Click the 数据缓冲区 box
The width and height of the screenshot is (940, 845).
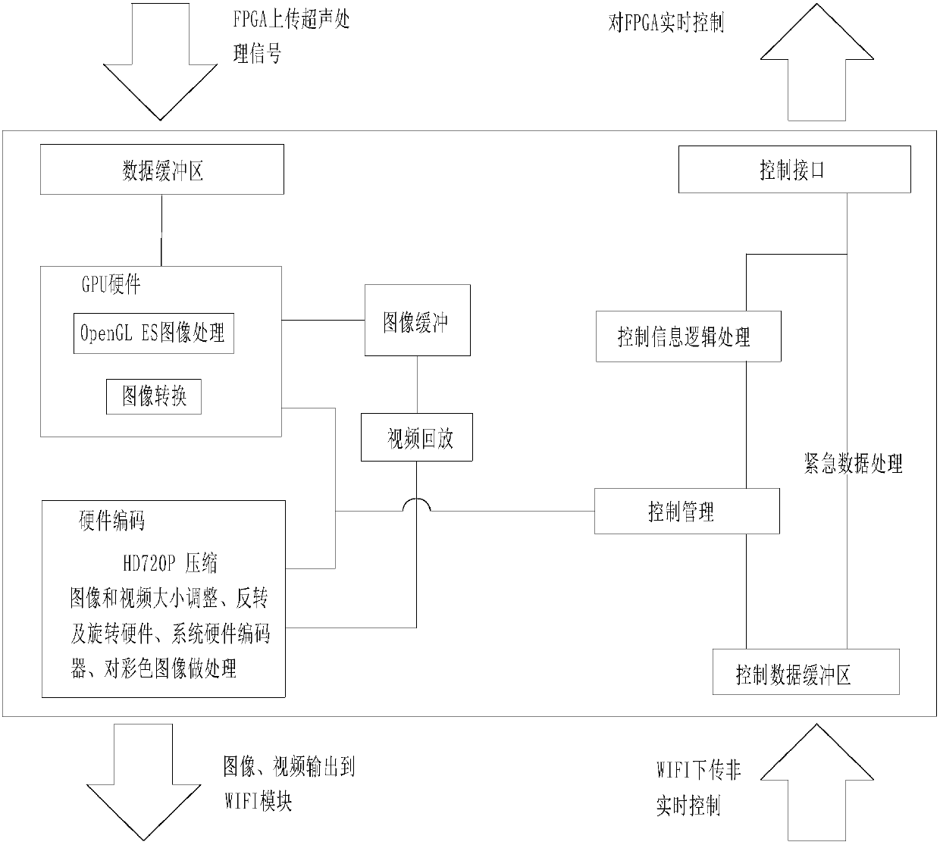point(162,171)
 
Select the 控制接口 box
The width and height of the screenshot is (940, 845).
point(794,170)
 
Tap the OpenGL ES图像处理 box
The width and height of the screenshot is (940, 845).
point(153,333)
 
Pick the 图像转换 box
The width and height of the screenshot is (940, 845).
point(154,396)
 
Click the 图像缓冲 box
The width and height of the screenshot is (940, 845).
point(417,321)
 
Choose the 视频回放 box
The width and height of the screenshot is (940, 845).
point(417,437)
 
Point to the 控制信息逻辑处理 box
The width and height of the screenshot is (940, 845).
point(688,336)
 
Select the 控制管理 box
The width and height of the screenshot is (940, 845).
point(686,512)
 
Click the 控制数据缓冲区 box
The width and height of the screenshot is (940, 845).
point(805,672)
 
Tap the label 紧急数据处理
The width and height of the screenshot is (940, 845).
point(853,464)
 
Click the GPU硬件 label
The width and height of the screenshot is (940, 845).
point(111,285)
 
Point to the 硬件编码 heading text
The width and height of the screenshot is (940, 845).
point(111,521)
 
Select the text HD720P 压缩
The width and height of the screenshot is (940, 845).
point(170,563)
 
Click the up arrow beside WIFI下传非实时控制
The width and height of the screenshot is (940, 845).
point(816,781)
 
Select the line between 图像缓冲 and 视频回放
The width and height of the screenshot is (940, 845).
point(416,385)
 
